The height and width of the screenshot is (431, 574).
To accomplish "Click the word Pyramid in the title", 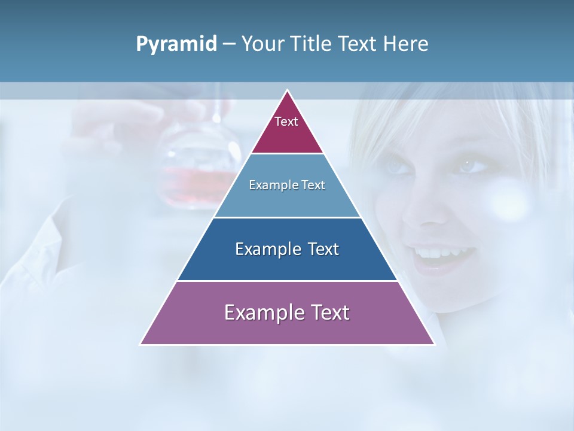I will click(176, 45).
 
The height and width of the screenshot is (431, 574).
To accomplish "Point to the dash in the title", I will click(229, 45).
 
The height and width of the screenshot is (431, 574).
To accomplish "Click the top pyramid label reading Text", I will click(286, 122).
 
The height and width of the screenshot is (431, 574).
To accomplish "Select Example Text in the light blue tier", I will click(287, 185).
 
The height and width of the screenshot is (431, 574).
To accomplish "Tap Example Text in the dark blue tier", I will click(287, 249).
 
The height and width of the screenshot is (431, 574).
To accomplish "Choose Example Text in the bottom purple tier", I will click(287, 312).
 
